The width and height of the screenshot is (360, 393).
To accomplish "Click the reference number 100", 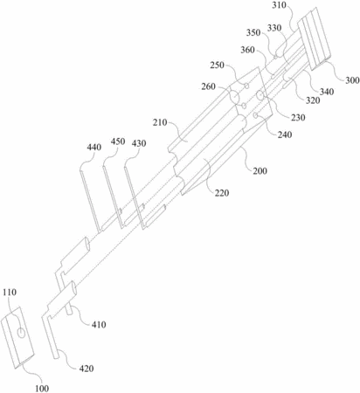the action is point(42,389).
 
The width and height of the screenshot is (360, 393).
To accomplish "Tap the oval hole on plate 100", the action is point(21,333).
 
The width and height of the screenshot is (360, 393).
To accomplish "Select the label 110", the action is point(10,293).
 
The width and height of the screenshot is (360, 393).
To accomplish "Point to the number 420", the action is point(87,369).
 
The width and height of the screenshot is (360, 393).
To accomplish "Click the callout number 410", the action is point(99,325).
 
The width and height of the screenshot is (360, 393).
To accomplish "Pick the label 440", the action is point(94,148).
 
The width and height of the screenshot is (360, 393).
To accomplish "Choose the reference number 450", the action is point(118,141).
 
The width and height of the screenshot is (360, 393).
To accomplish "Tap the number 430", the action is point(139,143).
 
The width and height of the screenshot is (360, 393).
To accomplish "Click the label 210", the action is point(160,122).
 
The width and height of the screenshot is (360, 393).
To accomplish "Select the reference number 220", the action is point(222,193).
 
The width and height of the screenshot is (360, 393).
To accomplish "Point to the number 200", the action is point(260,170).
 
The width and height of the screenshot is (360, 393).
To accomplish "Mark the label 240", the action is point(285,134).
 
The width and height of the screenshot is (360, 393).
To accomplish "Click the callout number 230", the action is point(298,118).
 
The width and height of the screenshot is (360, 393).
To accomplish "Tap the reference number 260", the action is point(209,86).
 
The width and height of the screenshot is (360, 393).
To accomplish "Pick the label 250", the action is point(218,65).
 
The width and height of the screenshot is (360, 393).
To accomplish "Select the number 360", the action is point(247,50).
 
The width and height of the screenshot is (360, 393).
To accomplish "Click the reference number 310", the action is point(280,5).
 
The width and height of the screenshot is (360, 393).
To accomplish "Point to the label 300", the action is point(352,80).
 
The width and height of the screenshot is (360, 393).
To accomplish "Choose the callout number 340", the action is point(327,92).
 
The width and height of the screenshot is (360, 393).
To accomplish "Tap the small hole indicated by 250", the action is point(246,86).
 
